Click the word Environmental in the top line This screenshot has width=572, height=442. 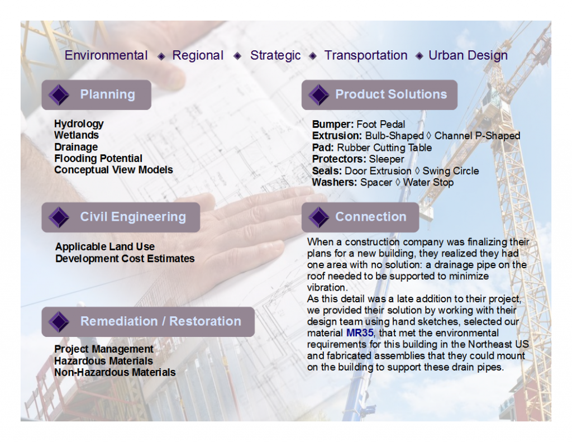tap(106, 55)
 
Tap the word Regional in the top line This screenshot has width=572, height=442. tap(198, 55)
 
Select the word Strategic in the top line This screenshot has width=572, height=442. tap(275, 55)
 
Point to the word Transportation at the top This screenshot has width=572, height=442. tap(366, 55)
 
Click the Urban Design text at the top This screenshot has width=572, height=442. tap(468, 55)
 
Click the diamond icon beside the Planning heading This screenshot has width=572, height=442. tap(59, 95)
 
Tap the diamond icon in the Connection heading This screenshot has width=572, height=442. tap(319, 217)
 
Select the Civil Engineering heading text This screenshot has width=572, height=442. tap(133, 217)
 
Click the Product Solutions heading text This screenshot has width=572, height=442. tap(391, 94)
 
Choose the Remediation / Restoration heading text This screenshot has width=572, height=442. tap(161, 321)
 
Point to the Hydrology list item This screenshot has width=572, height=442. tap(79, 124)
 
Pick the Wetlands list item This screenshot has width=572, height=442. tap(77, 135)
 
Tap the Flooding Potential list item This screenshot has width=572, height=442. tap(98, 158)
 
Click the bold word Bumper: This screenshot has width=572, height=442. tap(333, 125)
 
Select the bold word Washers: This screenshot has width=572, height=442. tap(335, 182)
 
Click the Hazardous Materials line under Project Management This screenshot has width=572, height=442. tap(103, 361)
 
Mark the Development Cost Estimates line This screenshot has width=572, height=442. tap(125, 259)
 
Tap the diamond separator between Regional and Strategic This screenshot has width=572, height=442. tap(237, 56)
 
